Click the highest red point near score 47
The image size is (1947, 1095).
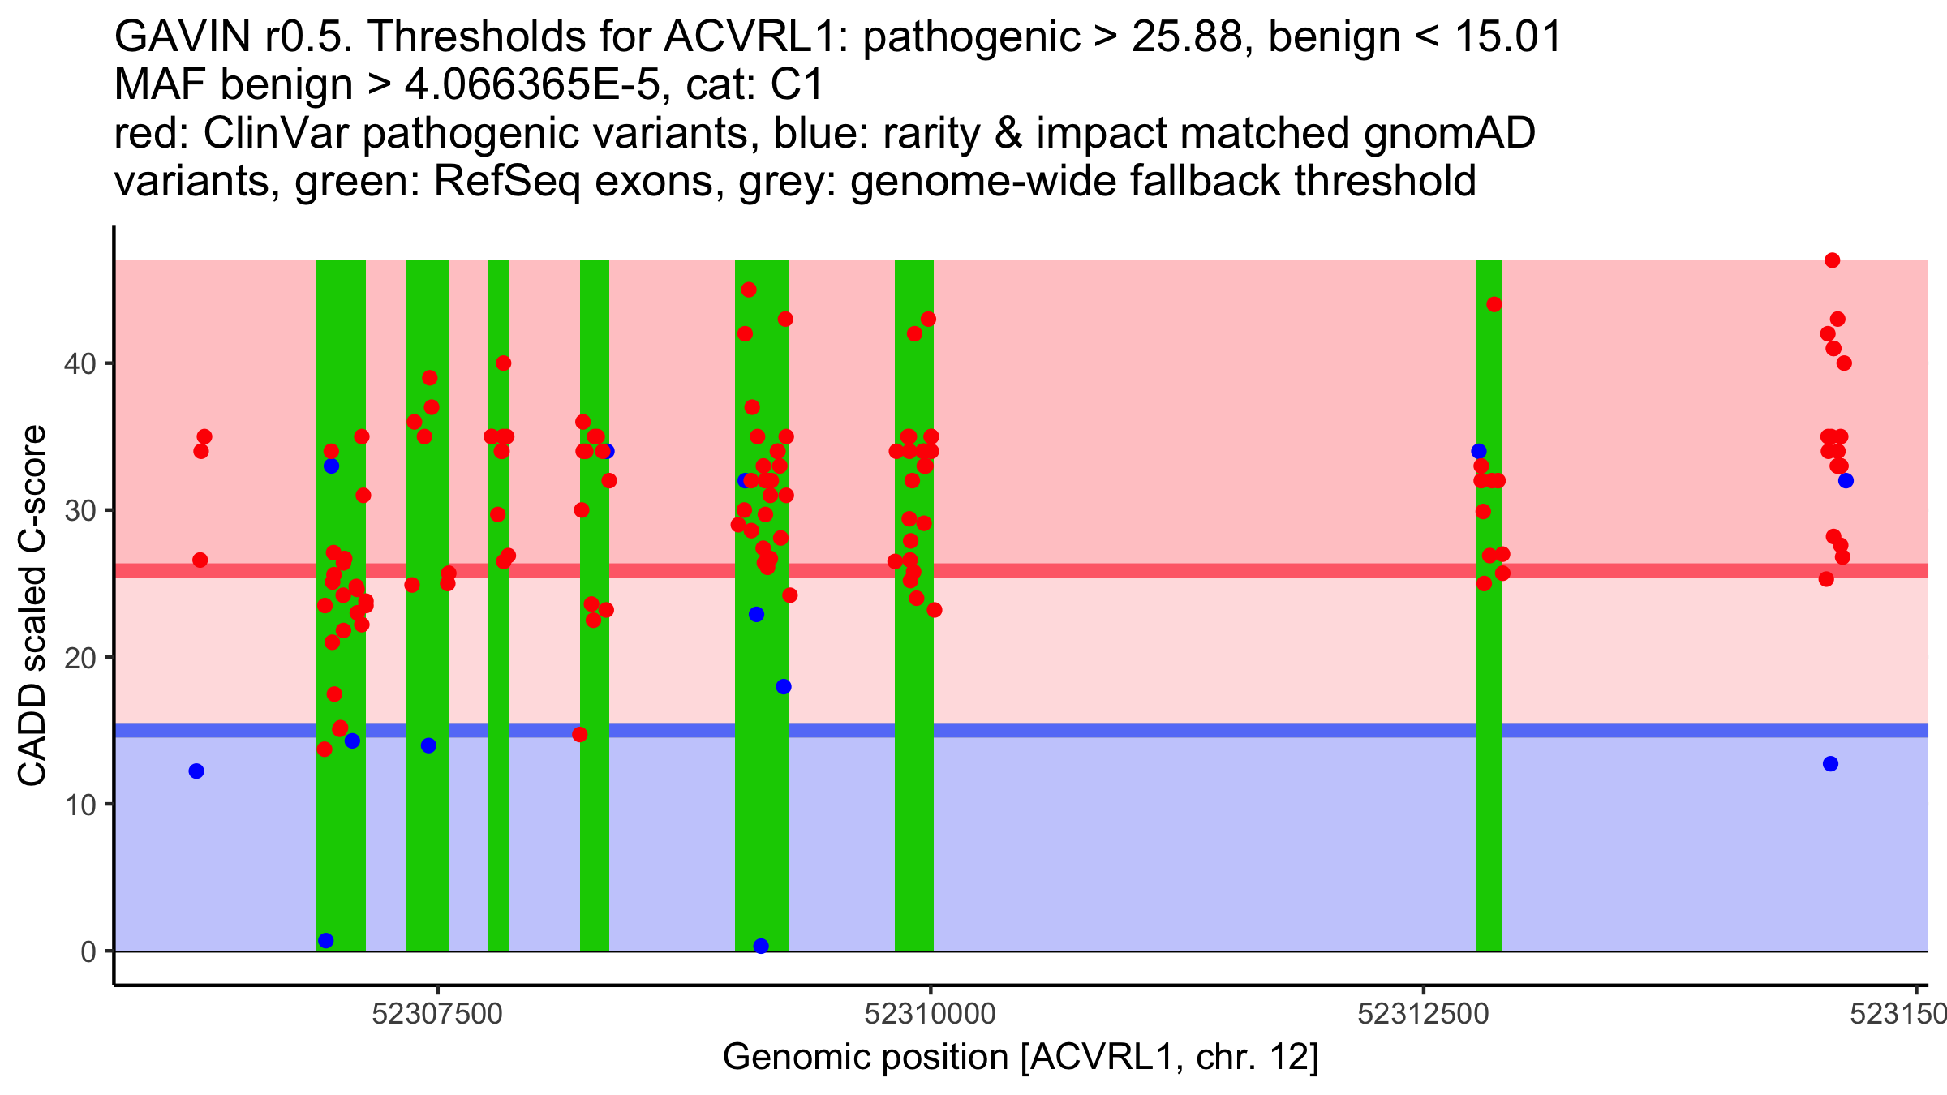coord(1832,260)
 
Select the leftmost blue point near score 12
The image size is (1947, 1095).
coord(196,771)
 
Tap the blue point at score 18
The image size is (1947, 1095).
coord(784,687)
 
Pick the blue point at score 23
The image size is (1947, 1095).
coord(756,615)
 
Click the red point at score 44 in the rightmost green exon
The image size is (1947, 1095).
coord(1494,305)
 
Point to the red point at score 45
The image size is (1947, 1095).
coord(749,290)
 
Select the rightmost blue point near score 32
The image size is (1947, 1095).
coord(1846,481)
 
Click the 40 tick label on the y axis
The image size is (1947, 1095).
coord(80,363)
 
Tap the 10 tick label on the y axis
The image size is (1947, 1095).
coord(80,805)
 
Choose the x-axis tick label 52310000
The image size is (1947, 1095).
coord(930,1015)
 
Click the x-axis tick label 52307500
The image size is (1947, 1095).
coord(437,1015)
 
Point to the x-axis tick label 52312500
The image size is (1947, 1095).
coord(1423,1015)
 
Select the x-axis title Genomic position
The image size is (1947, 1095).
coord(1021,1058)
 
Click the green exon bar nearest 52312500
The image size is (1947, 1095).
coord(1489,730)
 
